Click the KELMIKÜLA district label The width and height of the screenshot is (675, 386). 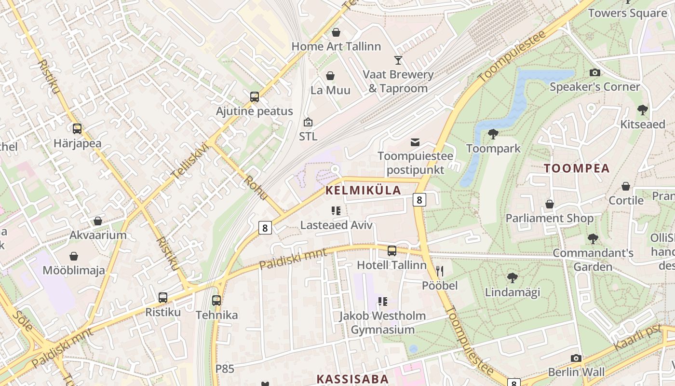point(363,190)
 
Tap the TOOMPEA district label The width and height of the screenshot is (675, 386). point(577,168)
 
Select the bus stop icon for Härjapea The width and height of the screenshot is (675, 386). point(77,129)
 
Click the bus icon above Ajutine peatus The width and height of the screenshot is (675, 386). point(255,97)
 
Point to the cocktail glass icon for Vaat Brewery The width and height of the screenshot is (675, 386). point(398,60)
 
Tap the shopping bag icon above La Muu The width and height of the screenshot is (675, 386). point(330,76)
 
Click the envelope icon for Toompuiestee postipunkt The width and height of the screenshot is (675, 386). point(415,142)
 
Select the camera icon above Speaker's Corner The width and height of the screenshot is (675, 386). point(595,72)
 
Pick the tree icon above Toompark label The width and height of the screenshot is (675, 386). point(493,134)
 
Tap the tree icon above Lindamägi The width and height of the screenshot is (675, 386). point(512,277)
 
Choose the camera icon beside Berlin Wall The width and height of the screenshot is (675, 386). point(576,358)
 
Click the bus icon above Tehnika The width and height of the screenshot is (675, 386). point(216,301)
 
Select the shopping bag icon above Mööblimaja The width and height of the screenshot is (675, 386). point(74,256)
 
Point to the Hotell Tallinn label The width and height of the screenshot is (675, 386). point(391,265)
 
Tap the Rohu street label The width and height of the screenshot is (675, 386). point(256,187)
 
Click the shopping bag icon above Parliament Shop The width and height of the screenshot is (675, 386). point(549,204)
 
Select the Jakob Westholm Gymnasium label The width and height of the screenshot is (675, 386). point(382,323)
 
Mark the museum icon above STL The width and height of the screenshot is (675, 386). point(308,122)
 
